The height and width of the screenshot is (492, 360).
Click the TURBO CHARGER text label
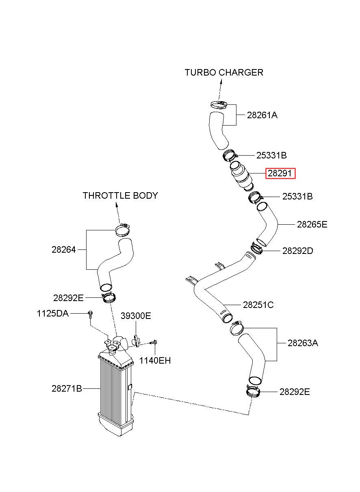coord(224,72)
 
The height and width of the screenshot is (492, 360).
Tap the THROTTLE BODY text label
coord(120,195)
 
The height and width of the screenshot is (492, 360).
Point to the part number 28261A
coord(262,115)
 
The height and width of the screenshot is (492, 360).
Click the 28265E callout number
coord(312,224)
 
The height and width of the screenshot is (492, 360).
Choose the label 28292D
coord(297,251)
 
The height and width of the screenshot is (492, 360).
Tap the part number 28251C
coord(258,305)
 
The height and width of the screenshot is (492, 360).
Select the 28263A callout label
coord(303,342)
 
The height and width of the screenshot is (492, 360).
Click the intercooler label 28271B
coord(67,388)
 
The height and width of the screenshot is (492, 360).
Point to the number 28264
coord(63,249)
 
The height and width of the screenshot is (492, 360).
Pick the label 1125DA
coord(53,313)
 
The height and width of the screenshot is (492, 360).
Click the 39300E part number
coord(136,316)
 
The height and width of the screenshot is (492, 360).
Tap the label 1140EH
coord(155,360)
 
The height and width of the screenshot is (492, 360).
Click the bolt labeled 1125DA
coord(90,314)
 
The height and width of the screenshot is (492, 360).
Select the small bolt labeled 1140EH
coord(153,342)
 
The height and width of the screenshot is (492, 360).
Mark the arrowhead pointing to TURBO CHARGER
coord(221,82)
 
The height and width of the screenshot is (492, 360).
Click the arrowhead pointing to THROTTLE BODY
coord(117,205)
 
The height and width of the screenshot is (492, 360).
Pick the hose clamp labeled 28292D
coord(256,249)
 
